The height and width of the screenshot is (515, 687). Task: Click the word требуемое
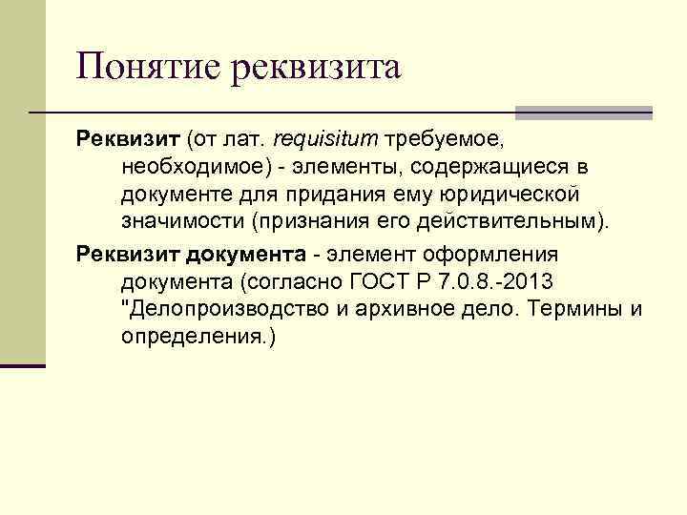[441, 141]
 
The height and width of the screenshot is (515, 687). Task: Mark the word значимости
[182, 221]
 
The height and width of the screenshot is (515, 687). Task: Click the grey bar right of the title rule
[583, 113]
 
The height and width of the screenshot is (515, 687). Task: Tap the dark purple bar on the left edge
[22, 364]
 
